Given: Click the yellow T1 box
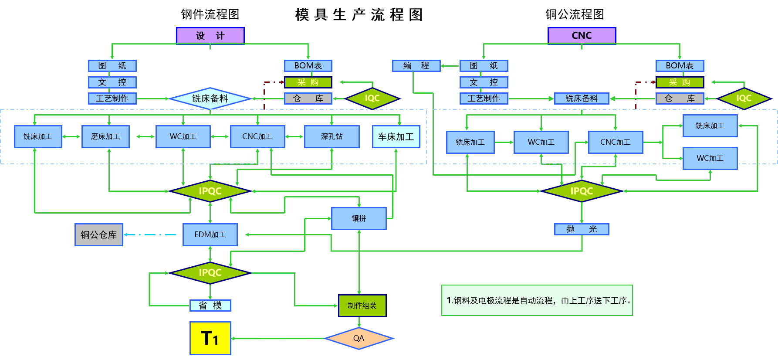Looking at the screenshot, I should [x=210, y=338].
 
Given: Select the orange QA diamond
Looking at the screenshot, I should [x=359, y=338].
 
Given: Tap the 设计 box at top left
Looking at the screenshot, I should [x=210, y=36].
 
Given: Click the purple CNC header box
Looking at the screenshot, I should [x=582, y=36].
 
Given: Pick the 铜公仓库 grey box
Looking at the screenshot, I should [x=99, y=235].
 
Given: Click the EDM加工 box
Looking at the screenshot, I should [x=210, y=235].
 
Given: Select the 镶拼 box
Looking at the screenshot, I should [x=359, y=218].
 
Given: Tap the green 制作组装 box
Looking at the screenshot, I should [x=362, y=306].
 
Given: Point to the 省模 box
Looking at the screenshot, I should [x=210, y=306].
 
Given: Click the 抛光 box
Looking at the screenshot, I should [x=582, y=229].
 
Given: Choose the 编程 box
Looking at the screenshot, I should [x=416, y=66].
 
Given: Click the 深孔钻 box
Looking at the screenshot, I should [x=331, y=137].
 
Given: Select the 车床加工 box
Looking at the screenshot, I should [x=396, y=137].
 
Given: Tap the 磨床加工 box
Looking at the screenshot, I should [x=105, y=137].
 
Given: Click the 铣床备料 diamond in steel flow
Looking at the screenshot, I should [x=210, y=98].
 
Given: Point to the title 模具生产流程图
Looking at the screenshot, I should [x=359, y=15].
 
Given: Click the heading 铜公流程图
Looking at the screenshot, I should [x=575, y=14].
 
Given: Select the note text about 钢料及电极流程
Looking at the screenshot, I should [x=539, y=300].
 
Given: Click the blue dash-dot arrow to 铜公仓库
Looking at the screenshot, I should [x=150, y=235].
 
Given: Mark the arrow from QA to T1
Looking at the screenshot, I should [x=279, y=338].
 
